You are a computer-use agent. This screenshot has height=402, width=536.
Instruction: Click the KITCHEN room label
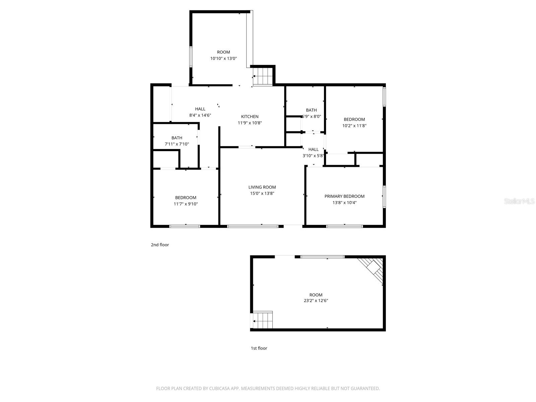coord(250,117)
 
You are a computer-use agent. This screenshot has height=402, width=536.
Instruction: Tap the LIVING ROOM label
coord(262,187)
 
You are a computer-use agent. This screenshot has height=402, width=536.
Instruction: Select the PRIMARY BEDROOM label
coord(344,196)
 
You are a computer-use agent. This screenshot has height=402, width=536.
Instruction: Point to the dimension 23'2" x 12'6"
coord(316,301)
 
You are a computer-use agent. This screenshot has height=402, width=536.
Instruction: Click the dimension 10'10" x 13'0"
coord(223,58)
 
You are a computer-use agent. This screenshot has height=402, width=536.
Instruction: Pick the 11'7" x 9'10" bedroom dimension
coord(186,204)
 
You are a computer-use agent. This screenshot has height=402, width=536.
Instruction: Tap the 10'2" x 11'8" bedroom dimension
coord(354,126)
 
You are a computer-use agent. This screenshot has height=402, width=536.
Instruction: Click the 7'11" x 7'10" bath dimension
coord(177,144)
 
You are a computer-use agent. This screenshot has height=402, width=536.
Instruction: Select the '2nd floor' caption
coord(160,245)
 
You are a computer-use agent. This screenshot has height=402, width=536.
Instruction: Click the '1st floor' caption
coord(259,348)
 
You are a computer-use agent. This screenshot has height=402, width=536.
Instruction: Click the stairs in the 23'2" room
coord(262,320)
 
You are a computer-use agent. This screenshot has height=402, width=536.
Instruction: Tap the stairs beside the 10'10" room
coord(263,76)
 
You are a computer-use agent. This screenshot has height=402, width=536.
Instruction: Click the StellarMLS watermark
coord(519,201)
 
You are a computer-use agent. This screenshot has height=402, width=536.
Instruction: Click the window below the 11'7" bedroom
coord(185,226)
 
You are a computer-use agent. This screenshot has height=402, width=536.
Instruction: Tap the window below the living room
coord(253,226)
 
